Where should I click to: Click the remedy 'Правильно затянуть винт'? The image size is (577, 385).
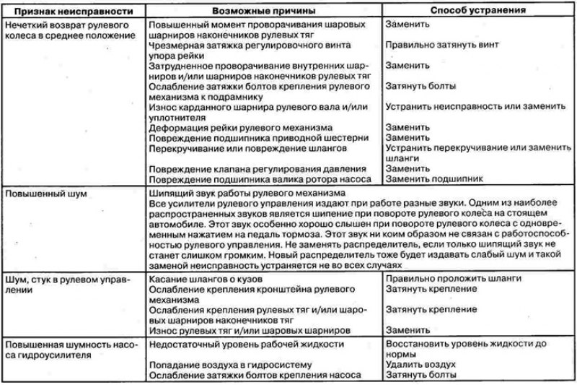click(x=441, y=44)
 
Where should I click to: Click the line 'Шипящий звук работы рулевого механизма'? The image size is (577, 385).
click(x=246, y=194)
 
